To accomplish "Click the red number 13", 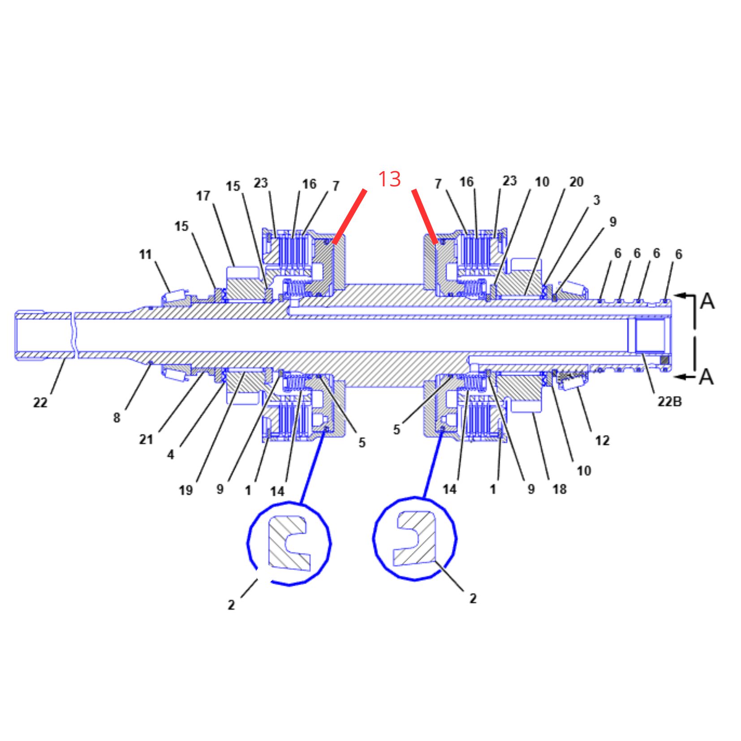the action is click(x=389, y=179).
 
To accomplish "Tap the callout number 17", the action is click(x=203, y=196).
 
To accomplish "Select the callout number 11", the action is click(x=145, y=254).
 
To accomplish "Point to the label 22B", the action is click(x=669, y=401).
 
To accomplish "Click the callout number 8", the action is click(x=116, y=418).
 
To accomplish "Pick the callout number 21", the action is click(x=146, y=439).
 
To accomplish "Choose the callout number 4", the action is click(x=171, y=455).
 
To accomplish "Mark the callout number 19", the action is click(x=185, y=491).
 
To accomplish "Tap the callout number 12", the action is click(x=603, y=440).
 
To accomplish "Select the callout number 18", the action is click(x=560, y=489).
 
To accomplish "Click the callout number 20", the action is click(x=577, y=182).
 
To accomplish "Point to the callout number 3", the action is click(x=596, y=200).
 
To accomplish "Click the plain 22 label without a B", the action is click(x=40, y=402).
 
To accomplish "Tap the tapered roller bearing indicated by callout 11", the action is click(x=174, y=296).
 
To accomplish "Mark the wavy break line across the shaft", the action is click(x=74, y=335).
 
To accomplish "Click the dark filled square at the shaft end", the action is click(x=664, y=360).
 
